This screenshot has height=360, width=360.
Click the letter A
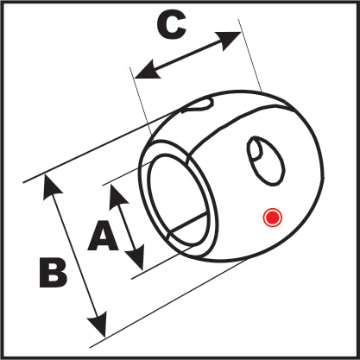(103, 236)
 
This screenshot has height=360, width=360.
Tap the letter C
(172, 26)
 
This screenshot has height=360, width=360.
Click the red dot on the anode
(272, 218)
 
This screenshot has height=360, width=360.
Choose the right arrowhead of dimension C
(228, 41)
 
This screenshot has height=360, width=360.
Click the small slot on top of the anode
(198, 104)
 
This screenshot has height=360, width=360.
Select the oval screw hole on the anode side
(266, 161)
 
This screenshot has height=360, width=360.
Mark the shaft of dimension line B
(75, 256)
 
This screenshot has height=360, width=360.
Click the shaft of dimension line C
(187, 55)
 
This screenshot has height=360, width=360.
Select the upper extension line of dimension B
(102, 146)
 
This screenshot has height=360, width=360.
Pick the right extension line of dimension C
(249, 54)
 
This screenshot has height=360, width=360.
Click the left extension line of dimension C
(141, 101)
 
